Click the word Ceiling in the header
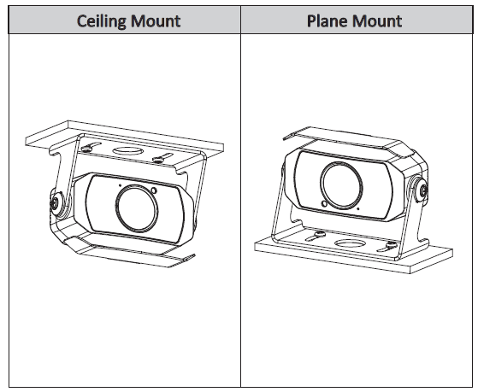tap(101, 21)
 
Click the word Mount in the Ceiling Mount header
tap(156, 21)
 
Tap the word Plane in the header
tap(328, 21)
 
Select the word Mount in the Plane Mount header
tap(378, 21)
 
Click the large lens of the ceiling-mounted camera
tap(137, 208)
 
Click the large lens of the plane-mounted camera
tap(341, 185)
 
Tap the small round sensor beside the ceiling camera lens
tap(154, 190)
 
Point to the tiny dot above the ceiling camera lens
tap(120, 184)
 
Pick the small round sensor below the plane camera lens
tap(324, 203)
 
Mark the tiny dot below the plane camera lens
tap(358, 209)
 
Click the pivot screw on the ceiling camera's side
tap(56, 203)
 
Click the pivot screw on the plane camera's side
tap(423, 191)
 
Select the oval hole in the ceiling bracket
tap(128, 151)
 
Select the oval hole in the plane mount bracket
tap(350, 243)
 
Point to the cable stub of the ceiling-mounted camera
tap(188, 258)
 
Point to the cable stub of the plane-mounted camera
tap(290, 137)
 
